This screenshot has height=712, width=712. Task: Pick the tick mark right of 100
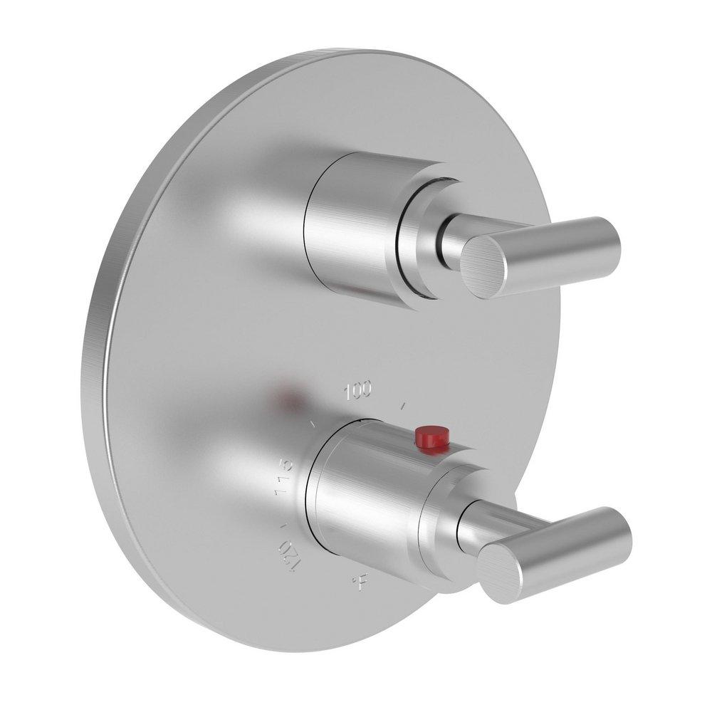pyautogui.click(x=404, y=407)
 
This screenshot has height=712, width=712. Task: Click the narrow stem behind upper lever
pyautogui.click(x=451, y=239)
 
